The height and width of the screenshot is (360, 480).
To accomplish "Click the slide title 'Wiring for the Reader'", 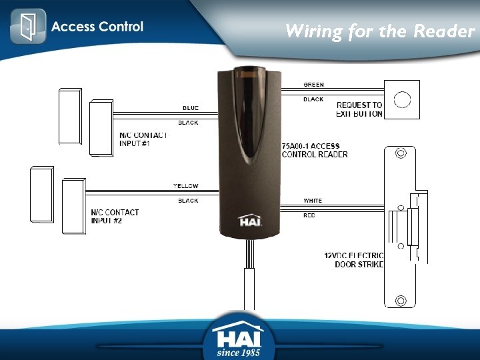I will coord(379,31).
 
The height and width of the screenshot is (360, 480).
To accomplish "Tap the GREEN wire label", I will coord(313,85).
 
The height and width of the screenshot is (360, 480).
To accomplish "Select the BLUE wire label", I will coord(190,108).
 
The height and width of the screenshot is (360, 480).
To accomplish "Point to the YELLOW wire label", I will coord(186,186).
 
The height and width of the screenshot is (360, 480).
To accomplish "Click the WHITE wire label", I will coord(312,201).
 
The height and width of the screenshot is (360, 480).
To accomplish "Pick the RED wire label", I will coord(309,215).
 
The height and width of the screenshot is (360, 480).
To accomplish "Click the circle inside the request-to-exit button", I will coord(402,100).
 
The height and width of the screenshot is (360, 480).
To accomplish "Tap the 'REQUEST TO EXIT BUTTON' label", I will coord(359,109).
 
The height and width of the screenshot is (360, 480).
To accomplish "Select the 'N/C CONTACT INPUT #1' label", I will coord(143,139).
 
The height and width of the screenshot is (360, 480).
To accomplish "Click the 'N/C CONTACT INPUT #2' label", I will coord(115,217).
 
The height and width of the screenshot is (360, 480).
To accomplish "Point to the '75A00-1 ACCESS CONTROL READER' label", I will coord(314,150).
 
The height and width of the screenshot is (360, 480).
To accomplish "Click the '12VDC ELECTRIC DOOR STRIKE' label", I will coord(354,260).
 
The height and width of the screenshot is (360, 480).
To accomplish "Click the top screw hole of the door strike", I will coord(401,153).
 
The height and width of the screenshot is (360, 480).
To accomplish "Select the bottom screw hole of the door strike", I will coord(401,299).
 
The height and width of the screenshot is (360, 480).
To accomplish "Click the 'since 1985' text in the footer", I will coord(239,351).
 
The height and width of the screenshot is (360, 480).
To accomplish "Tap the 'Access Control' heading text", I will coord(97,27).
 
